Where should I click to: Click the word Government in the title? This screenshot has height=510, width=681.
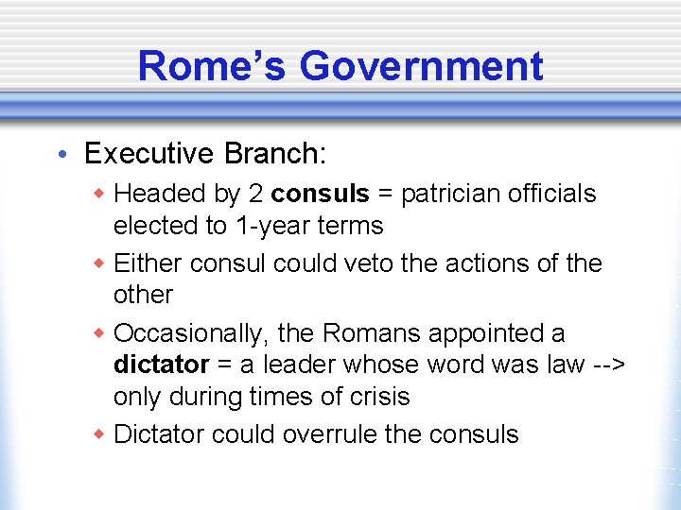click(421, 66)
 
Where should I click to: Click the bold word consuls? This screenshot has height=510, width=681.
click(320, 194)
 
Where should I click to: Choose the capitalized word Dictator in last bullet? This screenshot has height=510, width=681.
click(159, 434)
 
